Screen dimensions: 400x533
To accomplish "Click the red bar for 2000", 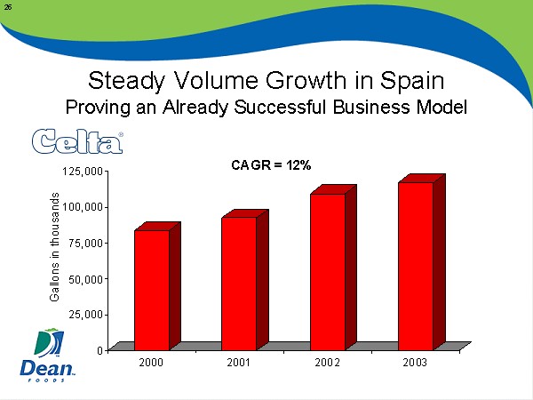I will pos(152,289).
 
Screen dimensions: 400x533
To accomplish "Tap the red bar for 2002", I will pos(328,271).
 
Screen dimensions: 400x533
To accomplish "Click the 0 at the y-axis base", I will pos(98,349).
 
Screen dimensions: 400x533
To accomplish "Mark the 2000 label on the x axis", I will pos(151,364).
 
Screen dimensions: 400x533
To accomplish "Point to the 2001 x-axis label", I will pos(239,364).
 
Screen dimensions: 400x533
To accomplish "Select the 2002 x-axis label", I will pos(327,364).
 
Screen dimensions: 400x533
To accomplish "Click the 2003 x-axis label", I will pos(415,364).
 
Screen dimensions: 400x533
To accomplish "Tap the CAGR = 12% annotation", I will pos(266,165).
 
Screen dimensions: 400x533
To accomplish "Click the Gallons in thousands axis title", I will pos(55,246).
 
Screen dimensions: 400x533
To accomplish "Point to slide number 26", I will pos(8,7).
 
